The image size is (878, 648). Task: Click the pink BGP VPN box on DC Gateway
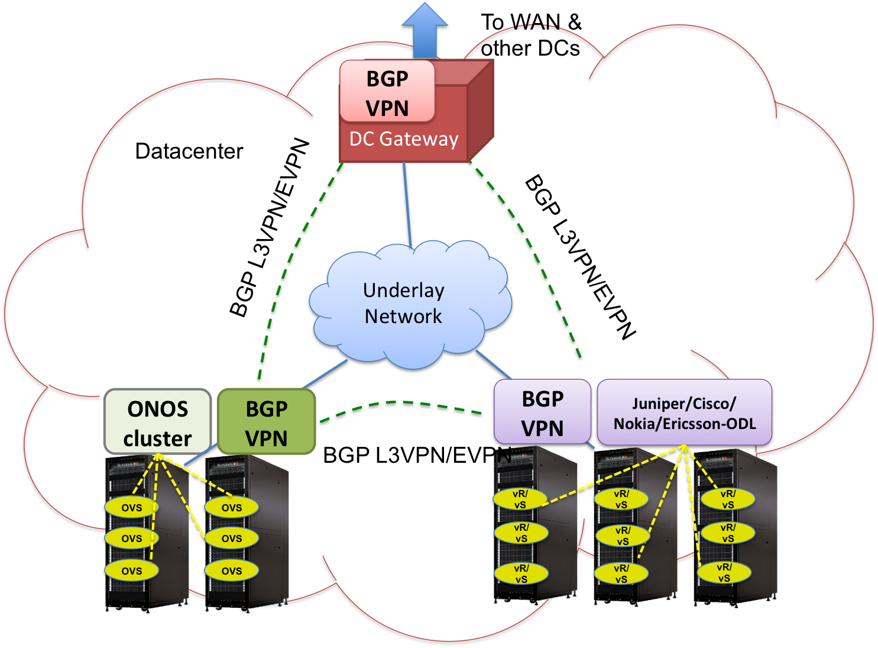pos(387,92)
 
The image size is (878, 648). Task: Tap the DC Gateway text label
pos(404,139)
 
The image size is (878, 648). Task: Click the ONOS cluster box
pos(157,422)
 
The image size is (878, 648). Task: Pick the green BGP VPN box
pos(266,422)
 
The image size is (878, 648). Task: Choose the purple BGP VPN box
pos(542,412)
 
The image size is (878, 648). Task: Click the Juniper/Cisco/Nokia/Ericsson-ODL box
pos(684,412)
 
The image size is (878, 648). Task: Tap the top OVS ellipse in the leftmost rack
pos(131,507)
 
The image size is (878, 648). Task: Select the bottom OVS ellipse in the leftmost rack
pos(131,570)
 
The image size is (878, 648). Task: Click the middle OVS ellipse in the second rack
pos(232,538)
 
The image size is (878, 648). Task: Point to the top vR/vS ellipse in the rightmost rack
pos(728,499)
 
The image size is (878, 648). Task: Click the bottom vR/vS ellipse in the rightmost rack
pos(724,572)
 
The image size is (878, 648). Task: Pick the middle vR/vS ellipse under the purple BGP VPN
pos(521,533)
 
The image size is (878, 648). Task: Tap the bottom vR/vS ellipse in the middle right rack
pos(621,573)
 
